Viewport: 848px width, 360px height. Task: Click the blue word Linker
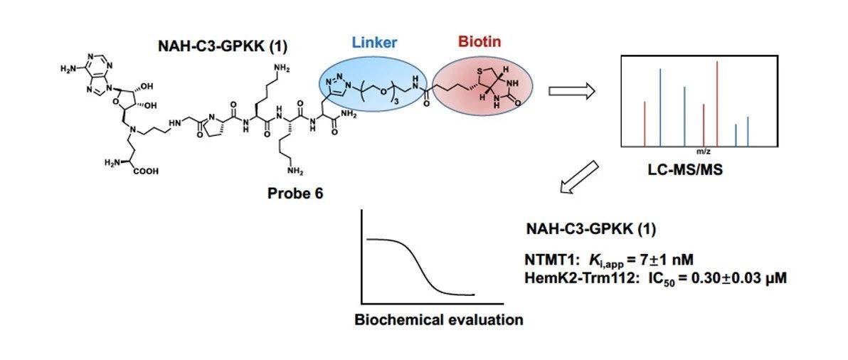coord(374,43)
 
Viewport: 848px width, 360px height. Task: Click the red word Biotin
coord(480,42)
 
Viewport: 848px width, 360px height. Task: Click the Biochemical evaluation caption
coord(439,319)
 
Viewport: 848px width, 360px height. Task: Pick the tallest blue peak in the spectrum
coord(660,107)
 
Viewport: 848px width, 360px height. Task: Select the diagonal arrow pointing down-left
coord(580,179)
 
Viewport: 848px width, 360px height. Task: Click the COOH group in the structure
coord(143,171)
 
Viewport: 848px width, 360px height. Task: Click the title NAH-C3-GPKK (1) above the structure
coord(221,47)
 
